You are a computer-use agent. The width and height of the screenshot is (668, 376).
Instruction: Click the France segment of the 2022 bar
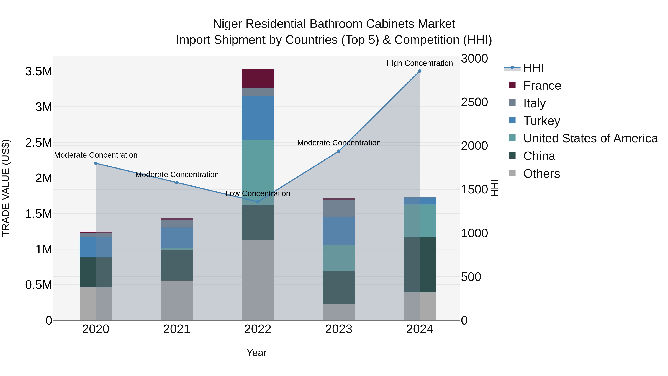(258, 78)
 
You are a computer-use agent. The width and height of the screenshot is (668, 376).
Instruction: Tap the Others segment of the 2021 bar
(177, 300)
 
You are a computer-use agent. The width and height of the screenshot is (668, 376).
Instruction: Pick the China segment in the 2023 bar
(339, 287)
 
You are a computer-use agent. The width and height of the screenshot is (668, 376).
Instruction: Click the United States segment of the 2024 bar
(420, 221)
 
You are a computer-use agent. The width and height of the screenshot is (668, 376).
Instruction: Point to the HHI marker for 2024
(420, 71)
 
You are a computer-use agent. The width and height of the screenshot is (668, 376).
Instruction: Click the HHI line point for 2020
(96, 163)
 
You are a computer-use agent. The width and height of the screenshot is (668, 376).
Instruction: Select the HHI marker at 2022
(258, 202)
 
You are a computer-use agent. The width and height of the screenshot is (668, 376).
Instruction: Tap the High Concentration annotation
(419, 63)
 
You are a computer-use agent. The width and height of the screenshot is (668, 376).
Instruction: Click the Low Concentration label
(258, 194)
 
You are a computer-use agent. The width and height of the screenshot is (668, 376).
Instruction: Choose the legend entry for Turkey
(541, 121)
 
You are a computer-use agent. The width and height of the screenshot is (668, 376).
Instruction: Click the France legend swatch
(512, 85)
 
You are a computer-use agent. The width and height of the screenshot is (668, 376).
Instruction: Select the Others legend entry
(541, 174)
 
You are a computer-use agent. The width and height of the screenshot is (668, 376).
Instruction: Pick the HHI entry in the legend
(533, 68)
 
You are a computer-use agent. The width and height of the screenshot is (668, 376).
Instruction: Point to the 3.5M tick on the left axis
(39, 71)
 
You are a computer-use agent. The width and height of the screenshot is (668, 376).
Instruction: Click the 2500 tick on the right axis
(474, 102)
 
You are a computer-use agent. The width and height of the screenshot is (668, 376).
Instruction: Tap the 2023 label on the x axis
(339, 329)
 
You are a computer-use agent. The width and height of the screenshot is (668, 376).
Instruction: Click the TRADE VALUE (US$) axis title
(6, 188)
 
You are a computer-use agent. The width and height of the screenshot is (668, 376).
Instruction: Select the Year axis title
(256, 353)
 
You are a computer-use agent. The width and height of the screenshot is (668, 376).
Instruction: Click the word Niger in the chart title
(227, 24)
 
